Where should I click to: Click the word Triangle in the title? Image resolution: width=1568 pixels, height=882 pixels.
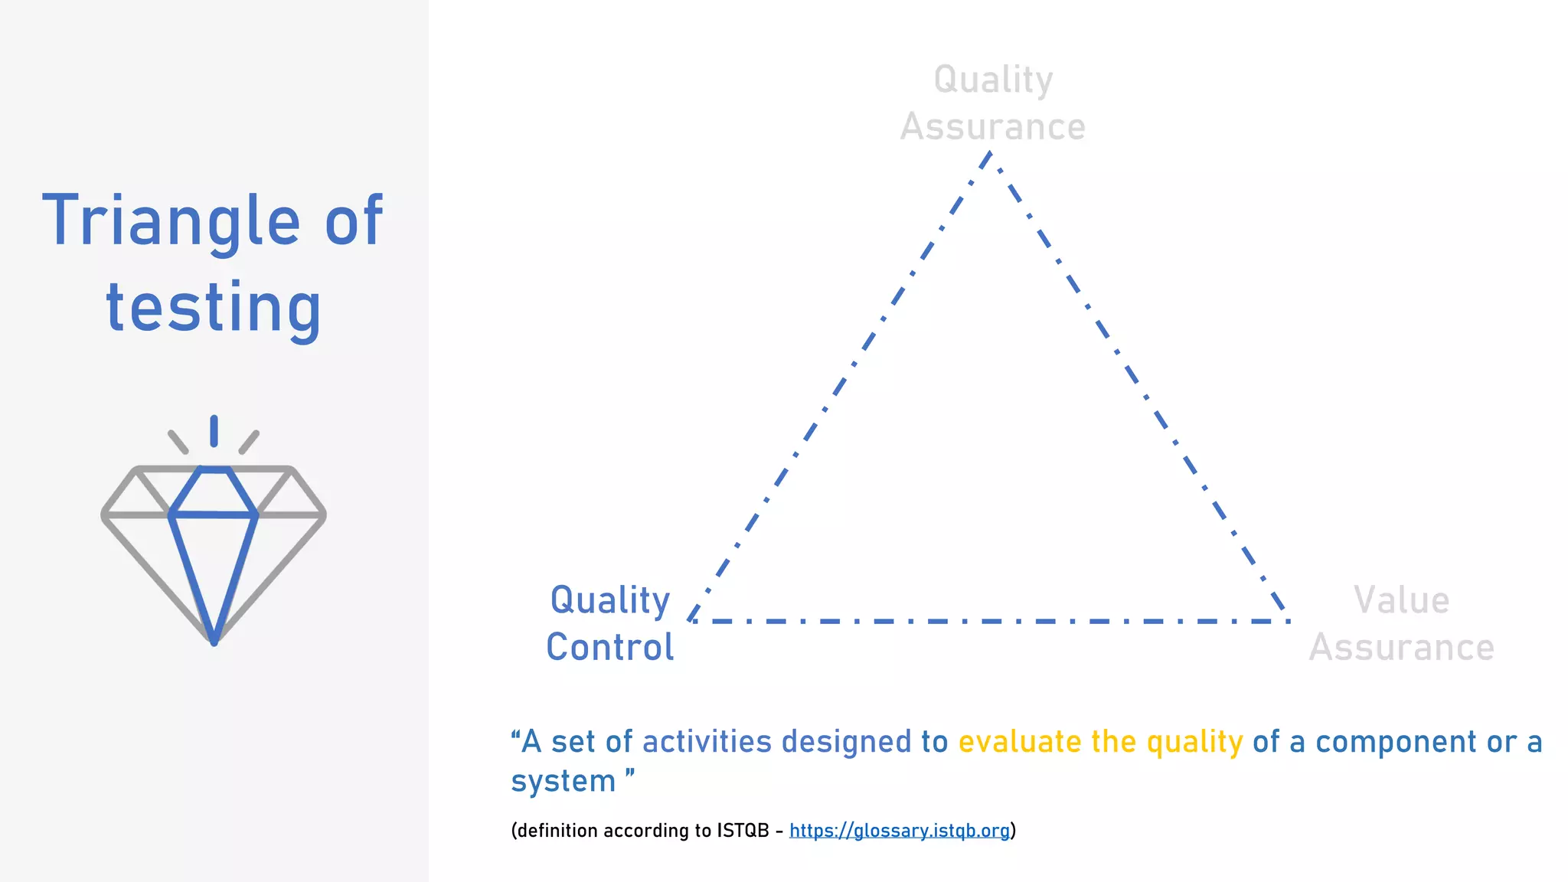coord(171,222)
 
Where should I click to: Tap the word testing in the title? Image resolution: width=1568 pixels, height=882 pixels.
coord(214,308)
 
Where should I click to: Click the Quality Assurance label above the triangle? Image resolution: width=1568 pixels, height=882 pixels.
coord(992,103)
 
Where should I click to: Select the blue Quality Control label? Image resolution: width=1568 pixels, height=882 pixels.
coord(610,623)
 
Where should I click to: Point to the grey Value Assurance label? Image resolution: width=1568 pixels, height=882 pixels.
coord(1401,623)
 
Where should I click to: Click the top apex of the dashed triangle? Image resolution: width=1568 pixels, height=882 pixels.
coord(990,154)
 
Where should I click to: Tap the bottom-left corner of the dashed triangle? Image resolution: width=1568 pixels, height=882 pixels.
coord(691,619)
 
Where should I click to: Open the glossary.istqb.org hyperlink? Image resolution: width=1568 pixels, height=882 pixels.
coord(899,831)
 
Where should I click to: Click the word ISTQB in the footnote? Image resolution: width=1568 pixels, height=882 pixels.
coord(743,831)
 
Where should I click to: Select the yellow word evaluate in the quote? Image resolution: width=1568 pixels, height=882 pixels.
coord(1019,742)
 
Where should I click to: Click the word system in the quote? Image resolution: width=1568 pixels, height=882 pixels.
coord(563,782)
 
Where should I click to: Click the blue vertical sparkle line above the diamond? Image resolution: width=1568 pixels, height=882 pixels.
coord(214,431)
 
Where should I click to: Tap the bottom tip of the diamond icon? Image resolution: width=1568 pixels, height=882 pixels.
coord(214,640)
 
